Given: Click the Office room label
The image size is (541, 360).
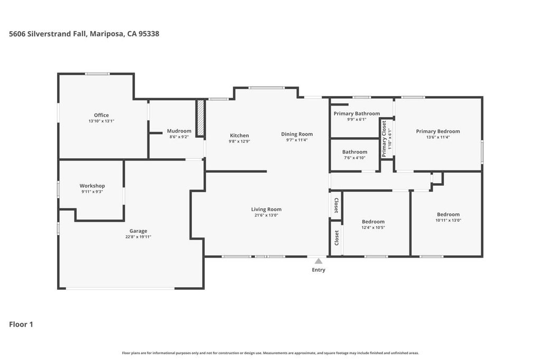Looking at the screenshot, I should (x=101, y=115).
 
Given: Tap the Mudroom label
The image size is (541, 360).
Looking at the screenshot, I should (x=179, y=131).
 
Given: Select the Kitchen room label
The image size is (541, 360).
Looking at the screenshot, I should (x=239, y=136).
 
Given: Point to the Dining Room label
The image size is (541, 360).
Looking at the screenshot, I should (x=297, y=134).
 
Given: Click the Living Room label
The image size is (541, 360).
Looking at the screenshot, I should (x=266, y=210).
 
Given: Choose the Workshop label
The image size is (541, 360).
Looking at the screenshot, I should (x=92, y=186).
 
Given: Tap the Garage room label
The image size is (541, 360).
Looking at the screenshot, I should (x=138, y=231).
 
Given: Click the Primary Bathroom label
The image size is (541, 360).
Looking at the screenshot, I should (x=357, y=113).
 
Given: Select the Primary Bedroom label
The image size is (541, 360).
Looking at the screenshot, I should (x=438, y=131).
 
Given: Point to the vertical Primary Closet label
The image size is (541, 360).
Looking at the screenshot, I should (x=384, y=139).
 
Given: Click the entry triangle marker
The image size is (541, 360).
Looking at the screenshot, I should (x=319, y=261).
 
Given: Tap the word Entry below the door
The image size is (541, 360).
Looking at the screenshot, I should (x=319, y=270).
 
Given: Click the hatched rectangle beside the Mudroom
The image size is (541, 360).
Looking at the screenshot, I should (x=201, y=118).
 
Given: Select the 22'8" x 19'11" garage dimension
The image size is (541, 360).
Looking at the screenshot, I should (x=138, y=236).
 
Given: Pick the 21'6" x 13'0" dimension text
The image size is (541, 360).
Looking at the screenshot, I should (x=266, y=215).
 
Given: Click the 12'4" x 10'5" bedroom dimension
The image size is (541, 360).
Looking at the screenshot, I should (x=373, y=228).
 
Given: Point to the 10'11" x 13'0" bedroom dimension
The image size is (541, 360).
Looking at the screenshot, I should (x=448, y=220).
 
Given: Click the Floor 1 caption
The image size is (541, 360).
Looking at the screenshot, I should (x=21, y=324).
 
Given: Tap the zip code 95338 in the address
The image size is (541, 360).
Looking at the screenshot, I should (x=149, y=34).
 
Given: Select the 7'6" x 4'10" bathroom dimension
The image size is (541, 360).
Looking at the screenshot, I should (x=355, y=157).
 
